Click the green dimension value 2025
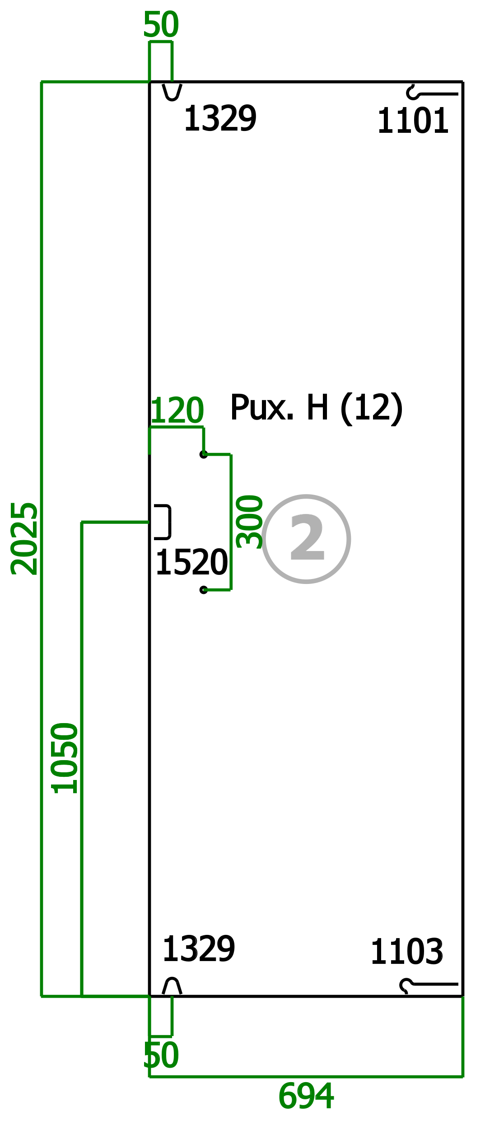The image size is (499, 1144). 24,538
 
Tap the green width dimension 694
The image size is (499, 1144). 306,1097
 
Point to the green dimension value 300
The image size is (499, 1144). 249,522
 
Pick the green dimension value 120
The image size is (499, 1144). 177,410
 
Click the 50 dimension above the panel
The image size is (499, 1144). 161,24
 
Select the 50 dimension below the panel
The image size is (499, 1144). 161,1055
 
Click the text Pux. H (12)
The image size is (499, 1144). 316,408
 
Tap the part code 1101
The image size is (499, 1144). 413,121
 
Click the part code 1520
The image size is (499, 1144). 191,562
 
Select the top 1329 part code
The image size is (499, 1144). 220,118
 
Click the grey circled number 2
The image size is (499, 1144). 307,539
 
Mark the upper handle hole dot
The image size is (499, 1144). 204,454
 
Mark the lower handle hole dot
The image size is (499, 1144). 204,590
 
